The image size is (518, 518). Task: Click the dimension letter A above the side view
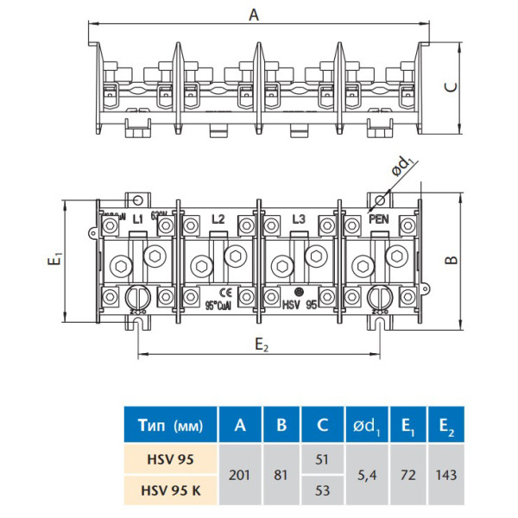(253, 15)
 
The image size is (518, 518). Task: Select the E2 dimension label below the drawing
(262, 345)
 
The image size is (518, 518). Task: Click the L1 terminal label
(136, 219)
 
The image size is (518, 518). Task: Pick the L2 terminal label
(218, 219)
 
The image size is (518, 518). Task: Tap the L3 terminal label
(299, 219)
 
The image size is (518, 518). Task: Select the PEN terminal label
(379, 219)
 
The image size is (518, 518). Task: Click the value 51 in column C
(322, 458)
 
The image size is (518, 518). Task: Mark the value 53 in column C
(322, 490)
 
